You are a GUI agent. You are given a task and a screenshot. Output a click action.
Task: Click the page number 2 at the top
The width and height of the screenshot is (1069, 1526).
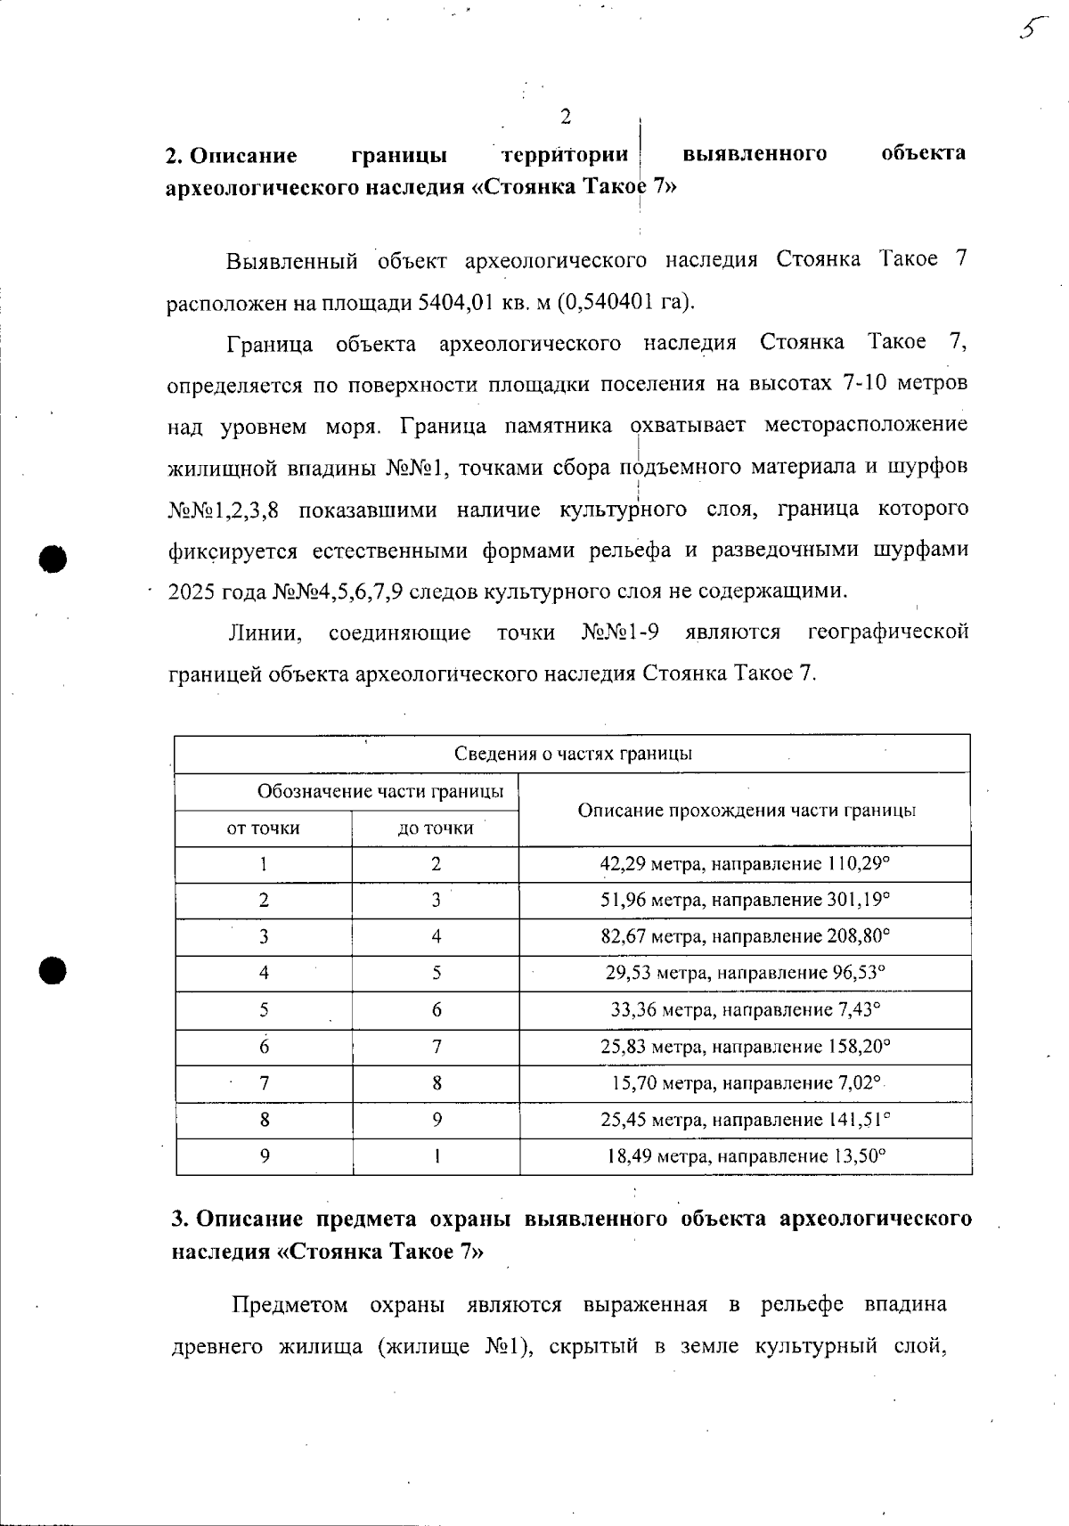[565, 116]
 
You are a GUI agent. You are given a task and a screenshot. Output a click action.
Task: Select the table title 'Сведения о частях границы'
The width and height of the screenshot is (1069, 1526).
[573, 754]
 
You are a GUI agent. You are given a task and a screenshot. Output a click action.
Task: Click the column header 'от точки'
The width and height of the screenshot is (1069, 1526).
[264, 828]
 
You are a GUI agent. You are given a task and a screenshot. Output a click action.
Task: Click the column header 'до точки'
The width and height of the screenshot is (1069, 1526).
[436, 828]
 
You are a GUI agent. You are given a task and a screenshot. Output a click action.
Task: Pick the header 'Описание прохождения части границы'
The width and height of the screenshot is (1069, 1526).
[747, 810]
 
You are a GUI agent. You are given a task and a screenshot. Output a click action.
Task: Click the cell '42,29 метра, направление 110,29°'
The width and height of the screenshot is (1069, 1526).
[746, 863]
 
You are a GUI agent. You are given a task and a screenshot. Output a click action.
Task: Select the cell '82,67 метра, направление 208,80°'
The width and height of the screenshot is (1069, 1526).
[746, 936]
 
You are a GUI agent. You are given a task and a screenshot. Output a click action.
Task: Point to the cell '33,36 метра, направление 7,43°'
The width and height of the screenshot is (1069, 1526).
[746, 1010]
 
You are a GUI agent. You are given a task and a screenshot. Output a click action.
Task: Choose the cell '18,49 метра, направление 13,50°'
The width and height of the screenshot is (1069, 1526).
[746, 1156]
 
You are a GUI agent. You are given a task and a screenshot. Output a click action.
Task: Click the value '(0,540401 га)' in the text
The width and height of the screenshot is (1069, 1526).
[625, 301]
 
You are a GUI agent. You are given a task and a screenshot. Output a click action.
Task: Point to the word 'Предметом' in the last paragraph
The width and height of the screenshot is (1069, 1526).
[290, 1305]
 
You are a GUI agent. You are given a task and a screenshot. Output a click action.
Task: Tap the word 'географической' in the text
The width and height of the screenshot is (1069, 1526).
[887, 632]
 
